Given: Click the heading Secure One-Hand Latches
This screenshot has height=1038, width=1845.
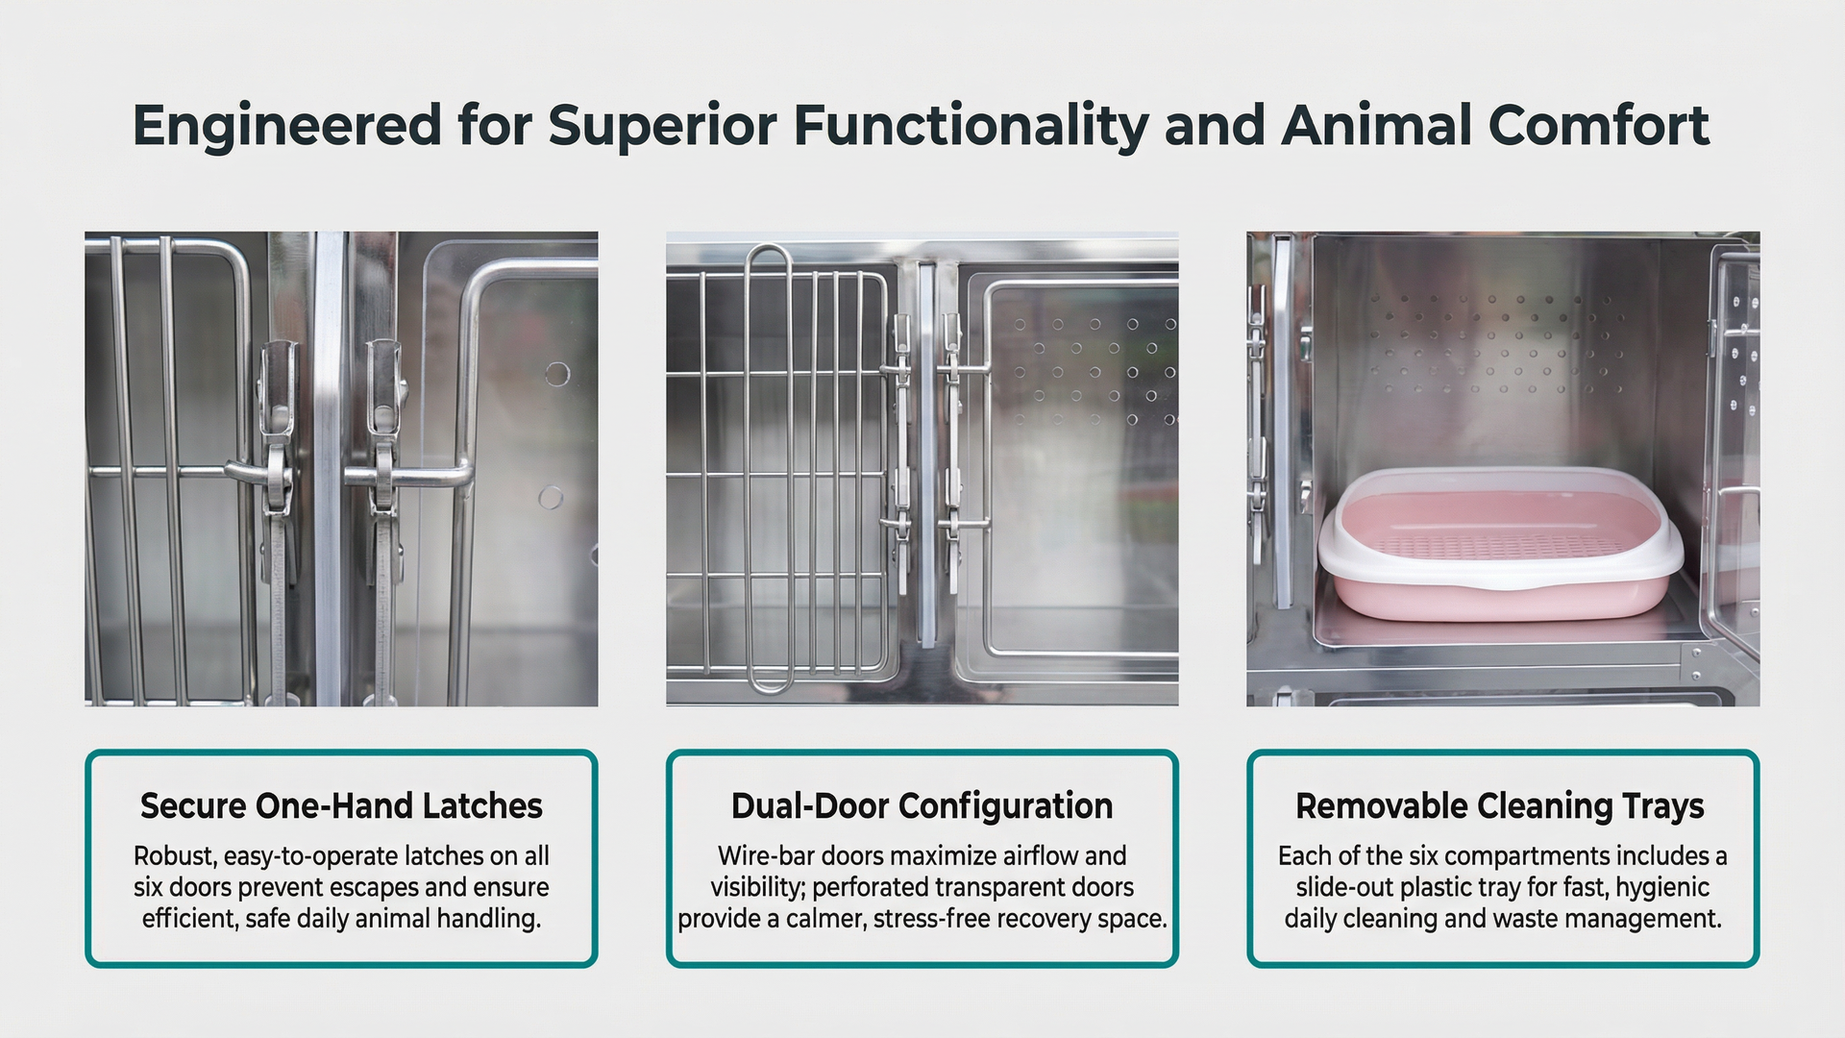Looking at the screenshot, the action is tap(341, 805).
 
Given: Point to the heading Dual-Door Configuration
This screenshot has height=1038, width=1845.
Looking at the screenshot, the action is tap(922, 805).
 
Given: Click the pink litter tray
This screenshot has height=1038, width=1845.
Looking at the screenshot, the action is tap(1500, 543).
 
